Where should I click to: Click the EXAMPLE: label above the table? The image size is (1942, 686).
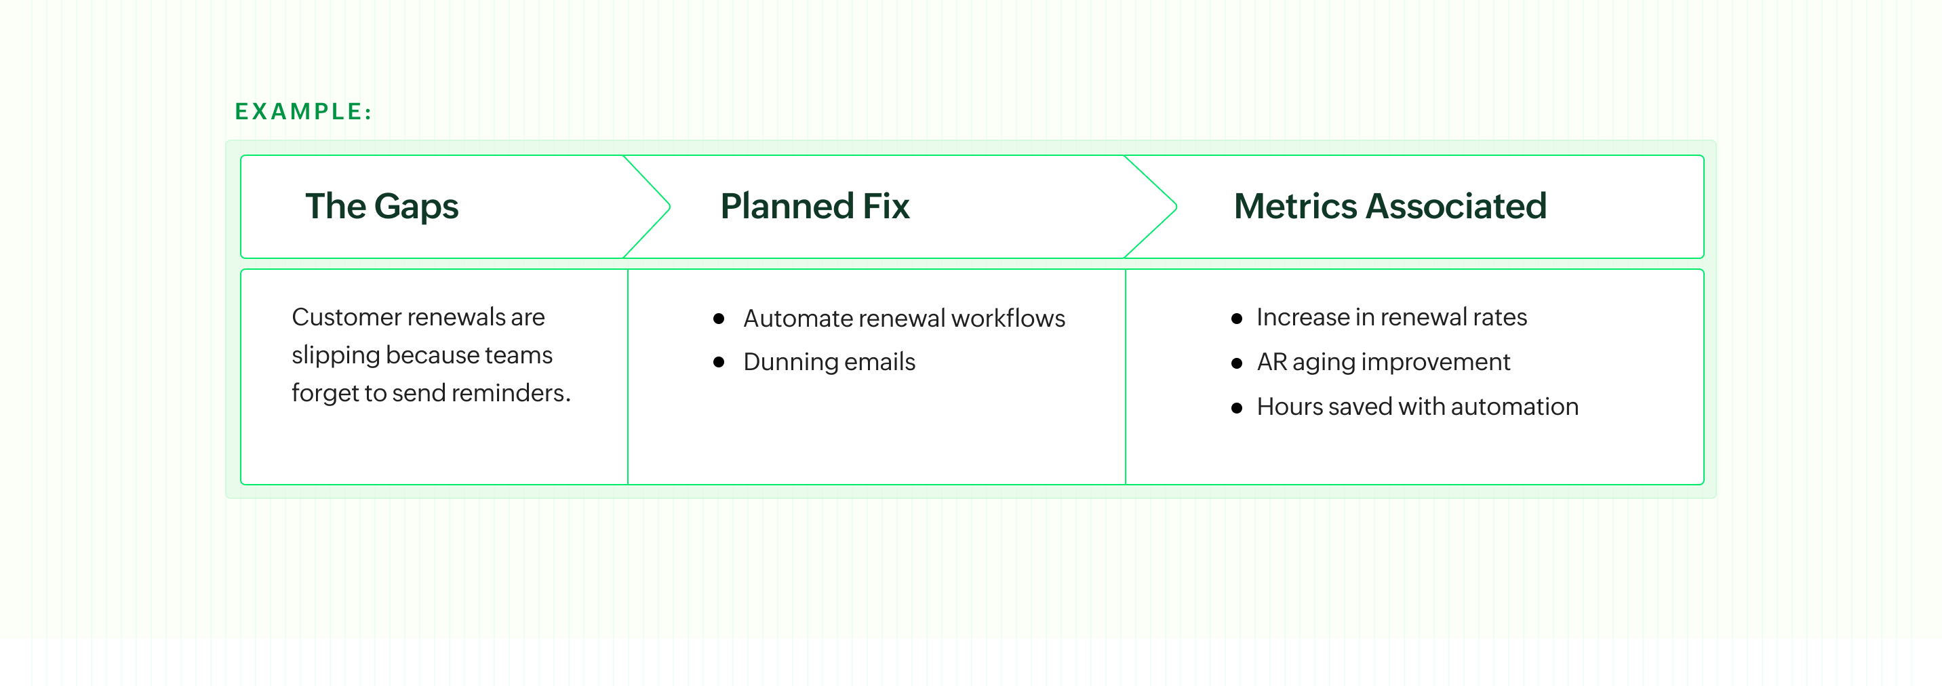pyautogui.click(x=303, y=112)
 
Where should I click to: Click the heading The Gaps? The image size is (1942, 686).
pyautogui.click(x=382, y=207)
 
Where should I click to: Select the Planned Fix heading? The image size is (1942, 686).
pyautogui.click(x=814, y=207)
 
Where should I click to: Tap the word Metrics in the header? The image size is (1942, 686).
pyautogui.click(x=1295, y=207)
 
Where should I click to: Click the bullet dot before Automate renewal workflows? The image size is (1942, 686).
pyautogui.click(x=719, y=319)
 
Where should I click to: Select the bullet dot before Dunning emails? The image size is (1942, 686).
pyautogui.click(x=719, y=363)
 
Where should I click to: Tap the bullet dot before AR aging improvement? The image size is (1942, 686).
pyautogui.click(x=1236, y=363)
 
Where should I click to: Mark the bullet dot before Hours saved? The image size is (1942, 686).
pyautogui.click(x=1236, y=408)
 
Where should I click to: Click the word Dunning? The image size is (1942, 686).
pyautogui.click(x=790, y=363)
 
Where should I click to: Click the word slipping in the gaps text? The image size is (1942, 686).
pyautogui.click(x=336, y=355)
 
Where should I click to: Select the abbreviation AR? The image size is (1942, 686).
pyautogui.click(x=1272, y=363)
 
